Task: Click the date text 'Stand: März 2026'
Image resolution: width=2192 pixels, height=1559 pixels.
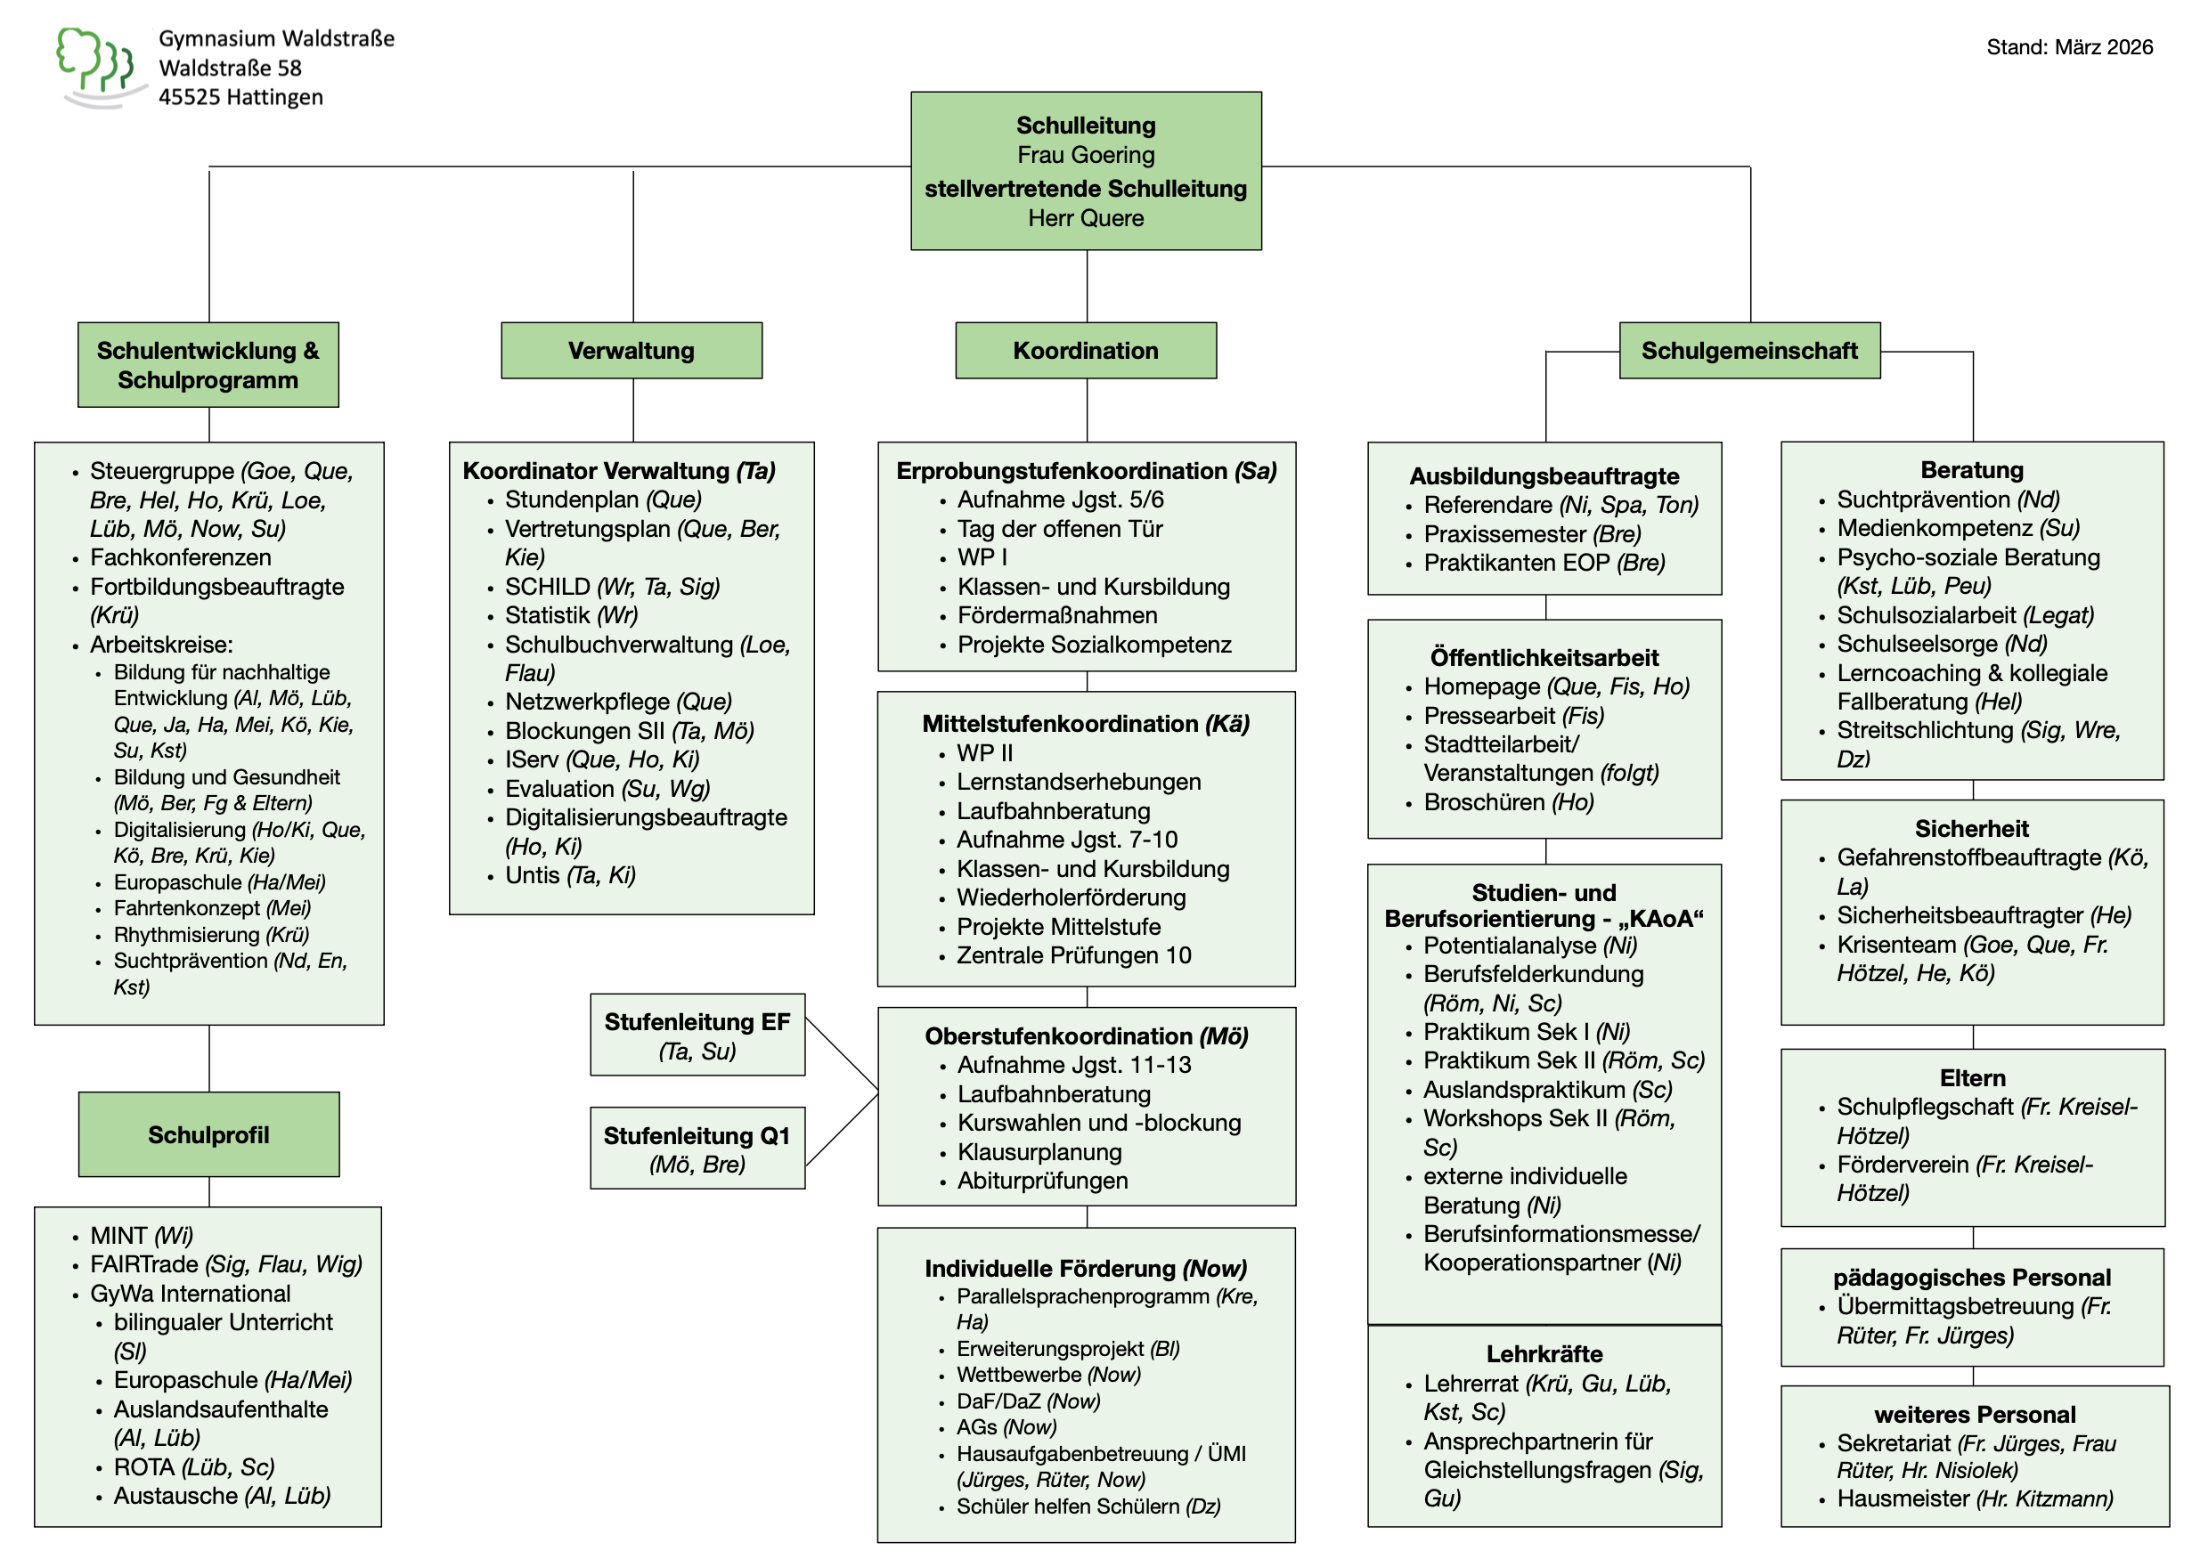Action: coord(2068,47)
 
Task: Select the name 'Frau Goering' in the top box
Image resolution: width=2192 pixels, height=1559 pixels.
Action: coord(1085,155)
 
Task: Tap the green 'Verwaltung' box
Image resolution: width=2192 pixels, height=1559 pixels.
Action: coord(631,351)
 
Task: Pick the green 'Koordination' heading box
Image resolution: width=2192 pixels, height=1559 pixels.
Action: coord(1085,351)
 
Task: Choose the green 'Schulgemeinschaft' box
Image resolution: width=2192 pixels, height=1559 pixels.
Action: coord(1748,351)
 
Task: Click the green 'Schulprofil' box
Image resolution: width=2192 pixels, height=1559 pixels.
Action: coord(208,1133)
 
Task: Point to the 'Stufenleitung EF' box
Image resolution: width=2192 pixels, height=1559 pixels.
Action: coord(697,1034)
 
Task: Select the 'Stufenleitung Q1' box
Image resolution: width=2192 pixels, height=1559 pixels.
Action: coord(697,1149)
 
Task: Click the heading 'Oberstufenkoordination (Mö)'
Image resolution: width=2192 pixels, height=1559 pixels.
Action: coord(1086,1035)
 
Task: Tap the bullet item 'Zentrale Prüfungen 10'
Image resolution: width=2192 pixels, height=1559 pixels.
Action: coord(1073,955)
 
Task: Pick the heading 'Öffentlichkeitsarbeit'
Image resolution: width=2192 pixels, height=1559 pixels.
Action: coord(1544,658)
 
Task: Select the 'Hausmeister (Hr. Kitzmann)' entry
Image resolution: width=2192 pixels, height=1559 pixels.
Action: coord(1974,1498)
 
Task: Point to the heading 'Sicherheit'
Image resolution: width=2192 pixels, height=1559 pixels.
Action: coord(1971,828)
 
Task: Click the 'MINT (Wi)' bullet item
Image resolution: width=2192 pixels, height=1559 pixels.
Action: coord(141,1236)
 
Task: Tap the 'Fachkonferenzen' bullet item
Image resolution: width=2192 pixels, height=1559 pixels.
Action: coord(181,556)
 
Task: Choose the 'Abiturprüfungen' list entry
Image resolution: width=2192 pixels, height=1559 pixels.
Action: coord(1042,1180)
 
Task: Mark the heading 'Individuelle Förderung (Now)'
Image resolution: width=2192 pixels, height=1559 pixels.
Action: coord(1085,1268)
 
